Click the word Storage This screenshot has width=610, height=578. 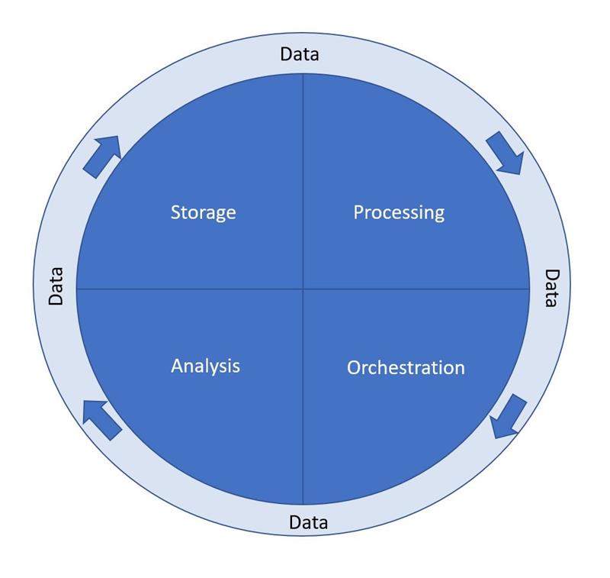tap(203, 212)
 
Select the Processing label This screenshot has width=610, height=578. tap(398, 212)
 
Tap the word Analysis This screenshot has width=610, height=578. tap(205, 366)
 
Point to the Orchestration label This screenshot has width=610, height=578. tap(406, 367)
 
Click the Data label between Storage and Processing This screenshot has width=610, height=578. tap(300, 54)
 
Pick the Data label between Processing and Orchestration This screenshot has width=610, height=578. tap(551, 288)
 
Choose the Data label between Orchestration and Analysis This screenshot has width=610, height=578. tap(309, 523)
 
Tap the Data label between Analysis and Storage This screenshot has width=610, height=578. tap(56, 286)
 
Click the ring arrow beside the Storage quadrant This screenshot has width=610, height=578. tap(101, 156)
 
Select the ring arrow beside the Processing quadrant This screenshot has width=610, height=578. tap(505, 152)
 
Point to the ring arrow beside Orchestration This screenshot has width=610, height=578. tap(509, 416)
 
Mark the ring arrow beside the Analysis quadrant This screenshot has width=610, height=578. tap(102, 419)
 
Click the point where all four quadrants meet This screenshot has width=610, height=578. tap(303, 289)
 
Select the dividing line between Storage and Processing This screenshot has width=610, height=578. tap(303, 176)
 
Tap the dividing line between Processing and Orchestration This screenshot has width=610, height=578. tap(419, 289)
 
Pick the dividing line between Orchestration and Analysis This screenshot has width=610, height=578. tap(303, 405)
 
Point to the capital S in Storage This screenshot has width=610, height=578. tap(176, 212)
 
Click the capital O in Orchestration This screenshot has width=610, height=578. tap(354, 367)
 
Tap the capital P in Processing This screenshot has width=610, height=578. tap(358, 212)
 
